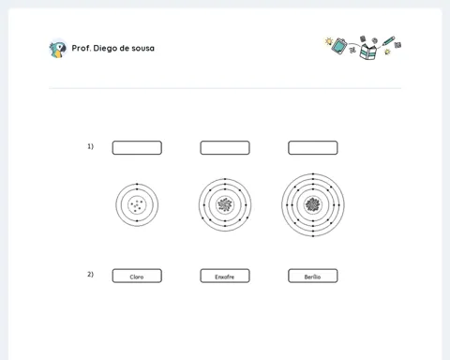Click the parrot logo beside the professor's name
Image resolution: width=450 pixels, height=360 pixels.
58,49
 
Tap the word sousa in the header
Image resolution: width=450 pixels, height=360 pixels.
142,49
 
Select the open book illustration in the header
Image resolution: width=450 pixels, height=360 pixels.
368,52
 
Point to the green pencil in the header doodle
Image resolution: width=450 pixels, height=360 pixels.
388,41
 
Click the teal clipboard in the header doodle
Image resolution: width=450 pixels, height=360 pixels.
339,46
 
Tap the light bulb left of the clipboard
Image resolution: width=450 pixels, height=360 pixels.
329,41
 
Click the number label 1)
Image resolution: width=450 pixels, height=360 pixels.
90,146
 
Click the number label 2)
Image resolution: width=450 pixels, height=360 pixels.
90,275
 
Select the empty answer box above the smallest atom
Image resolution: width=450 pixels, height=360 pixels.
137,148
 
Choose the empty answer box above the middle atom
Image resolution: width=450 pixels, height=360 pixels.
225,148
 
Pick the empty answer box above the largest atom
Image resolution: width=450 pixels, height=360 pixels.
313,148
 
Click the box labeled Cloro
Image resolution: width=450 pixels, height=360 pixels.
137,276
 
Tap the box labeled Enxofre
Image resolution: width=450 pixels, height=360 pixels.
225,276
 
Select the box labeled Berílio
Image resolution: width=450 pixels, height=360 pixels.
313,276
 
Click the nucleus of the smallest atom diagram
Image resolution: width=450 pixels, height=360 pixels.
137,205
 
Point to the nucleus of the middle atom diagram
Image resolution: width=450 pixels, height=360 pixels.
225,205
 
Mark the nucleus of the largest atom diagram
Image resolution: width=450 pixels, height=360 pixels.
313,205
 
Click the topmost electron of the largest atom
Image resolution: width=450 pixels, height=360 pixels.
313,174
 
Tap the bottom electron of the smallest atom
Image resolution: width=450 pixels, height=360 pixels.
137,221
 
